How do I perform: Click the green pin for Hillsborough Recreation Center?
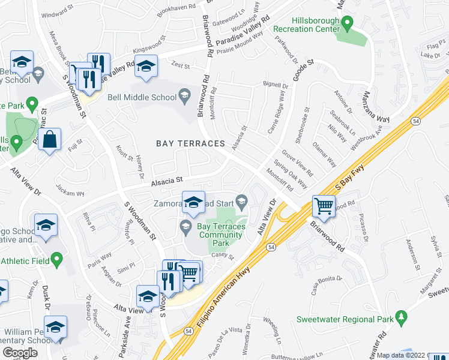pyautogui.click(x=347, y=24)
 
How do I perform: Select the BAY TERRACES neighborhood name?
pyautogui.click(x=190, y=143)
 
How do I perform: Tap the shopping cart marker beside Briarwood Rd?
pyautogui.click(x=324, y=206)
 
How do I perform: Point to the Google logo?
pyautogui.click(x=20, y=353)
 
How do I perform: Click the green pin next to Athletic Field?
pyautogui.click(x=57, y=260)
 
